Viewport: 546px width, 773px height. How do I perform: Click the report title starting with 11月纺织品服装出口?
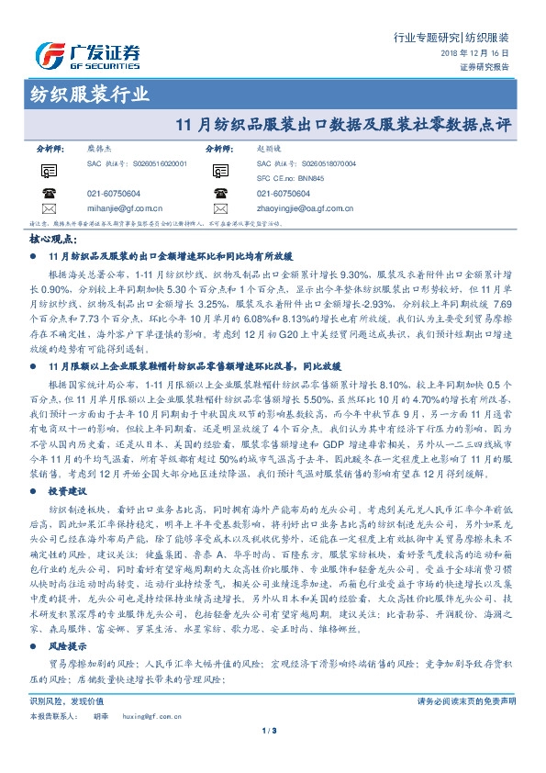(x=350, y=123)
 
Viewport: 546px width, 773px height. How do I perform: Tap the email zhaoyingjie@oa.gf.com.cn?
(x=305, y=208)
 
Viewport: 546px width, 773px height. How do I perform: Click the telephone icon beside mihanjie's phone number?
(x=48, y=193)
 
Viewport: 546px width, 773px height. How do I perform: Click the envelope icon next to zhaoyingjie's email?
(x=220, y=208)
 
